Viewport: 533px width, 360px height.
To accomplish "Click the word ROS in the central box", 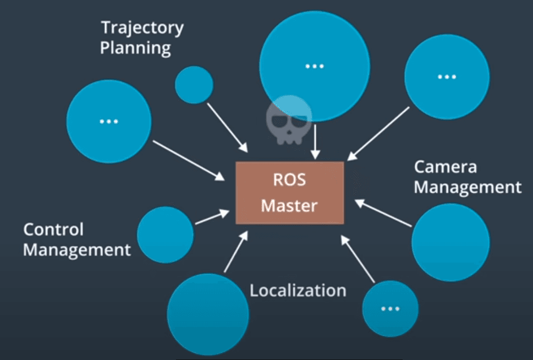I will pyautogui.click(x=289, y=181).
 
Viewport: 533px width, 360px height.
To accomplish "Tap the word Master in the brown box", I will pyautogui.click(x=289, y=206).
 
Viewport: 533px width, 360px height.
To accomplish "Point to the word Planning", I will pyautogui.click(x=135, y=48).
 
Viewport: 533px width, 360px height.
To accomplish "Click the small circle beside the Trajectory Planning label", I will pyautogui.click(x=194, y=85).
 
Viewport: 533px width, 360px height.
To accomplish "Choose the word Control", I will pyautogui.click(x=53, y=230).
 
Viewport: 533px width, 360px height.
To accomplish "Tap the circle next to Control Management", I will pyautogui.click(x=165, y=235).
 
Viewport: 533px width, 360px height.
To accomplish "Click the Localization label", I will pyautogui.click(x=298, y=290).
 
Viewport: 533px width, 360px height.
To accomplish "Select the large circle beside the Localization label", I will pyautogui.click(x=208, y=314).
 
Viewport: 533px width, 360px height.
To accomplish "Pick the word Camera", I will pyautogui.click(x=445, y=167).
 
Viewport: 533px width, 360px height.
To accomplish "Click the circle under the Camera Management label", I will pyautogui.click(x=450, y=243).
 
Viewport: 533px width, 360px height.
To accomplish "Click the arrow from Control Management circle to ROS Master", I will pyautogui.click(x=212, y=216).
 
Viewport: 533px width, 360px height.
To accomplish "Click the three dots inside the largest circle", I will pyautogui.click(x=314, y=67).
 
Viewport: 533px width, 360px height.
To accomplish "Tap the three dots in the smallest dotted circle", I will pyautogui.click(x=390, y=308).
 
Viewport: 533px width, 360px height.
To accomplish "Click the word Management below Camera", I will pyautogui.click(x=468, y=187).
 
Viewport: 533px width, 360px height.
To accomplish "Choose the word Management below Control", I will pyautogui.click(x=77, y=250).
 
